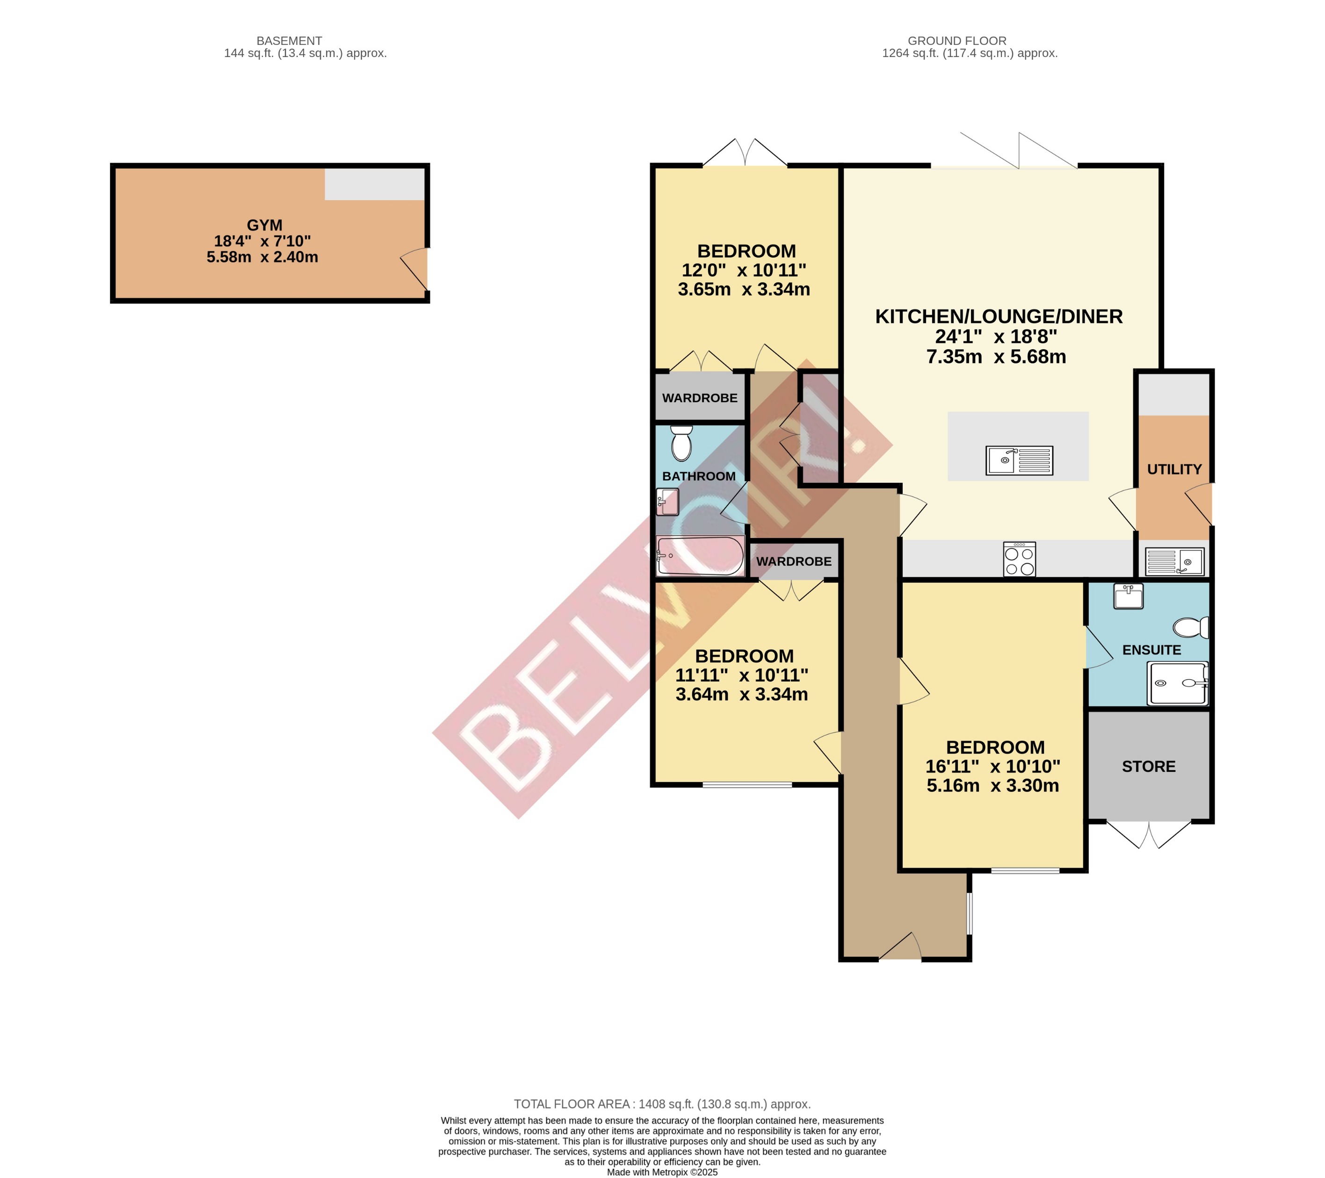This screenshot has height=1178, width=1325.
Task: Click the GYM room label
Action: coord(264,225)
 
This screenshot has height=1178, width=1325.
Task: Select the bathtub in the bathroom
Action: coord(700,556)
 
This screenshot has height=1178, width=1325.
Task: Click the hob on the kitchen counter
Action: coord(1019,559)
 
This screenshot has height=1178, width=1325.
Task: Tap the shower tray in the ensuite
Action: coord(1177,683)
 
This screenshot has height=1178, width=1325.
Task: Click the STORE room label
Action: coord(1149,767)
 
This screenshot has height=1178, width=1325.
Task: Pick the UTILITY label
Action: coord(1174,470)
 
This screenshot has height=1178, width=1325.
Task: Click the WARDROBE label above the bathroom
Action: coord(700,398)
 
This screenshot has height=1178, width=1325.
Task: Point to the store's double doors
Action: coord(1149,835)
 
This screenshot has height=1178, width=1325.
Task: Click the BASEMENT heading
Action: coord(289,41)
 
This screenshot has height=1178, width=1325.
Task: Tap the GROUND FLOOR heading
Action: coord(957,41)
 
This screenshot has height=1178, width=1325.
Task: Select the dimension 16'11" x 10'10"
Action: coord(992,767)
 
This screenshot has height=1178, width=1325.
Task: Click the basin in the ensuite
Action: coord(1128,596)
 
